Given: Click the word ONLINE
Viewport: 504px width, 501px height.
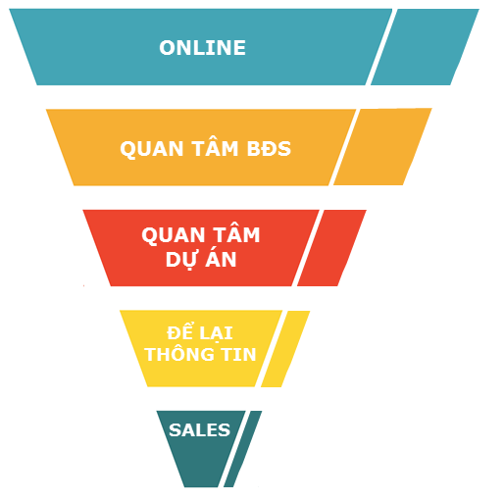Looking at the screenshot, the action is point(202,48).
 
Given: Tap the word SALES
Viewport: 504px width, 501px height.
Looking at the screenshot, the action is point(199,429).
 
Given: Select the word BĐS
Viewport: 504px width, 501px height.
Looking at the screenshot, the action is point(269,149).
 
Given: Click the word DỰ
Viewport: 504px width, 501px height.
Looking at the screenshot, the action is point(181,261).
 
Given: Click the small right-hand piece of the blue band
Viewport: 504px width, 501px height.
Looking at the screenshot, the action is point(425,47).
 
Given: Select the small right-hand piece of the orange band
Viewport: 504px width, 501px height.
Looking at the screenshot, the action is point(382,147).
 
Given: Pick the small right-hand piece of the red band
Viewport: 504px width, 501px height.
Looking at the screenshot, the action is point(331,248).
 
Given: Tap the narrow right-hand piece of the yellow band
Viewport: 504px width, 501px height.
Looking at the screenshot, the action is point(285,349).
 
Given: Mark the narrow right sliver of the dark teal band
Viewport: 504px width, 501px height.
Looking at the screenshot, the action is point(243,449).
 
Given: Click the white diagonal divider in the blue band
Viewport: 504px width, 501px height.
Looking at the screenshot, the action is point(381,47).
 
